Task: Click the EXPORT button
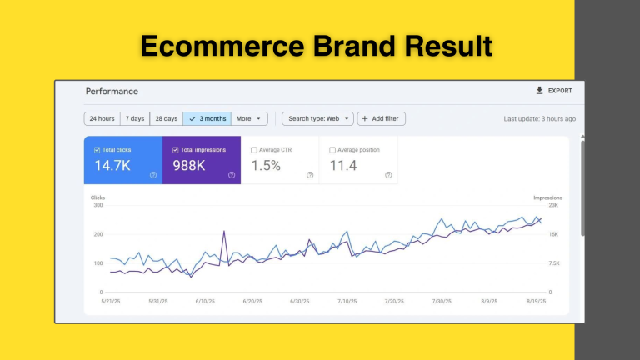click(554, 91)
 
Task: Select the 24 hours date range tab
click(102, 119)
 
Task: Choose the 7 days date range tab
click(135, 119)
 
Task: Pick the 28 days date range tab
click(167, 119)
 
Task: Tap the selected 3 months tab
click(207, 119)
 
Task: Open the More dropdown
click(249, 119)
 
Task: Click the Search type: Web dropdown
click(317, 119)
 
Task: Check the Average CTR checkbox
click(254, 150)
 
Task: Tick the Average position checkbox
click(332, 150)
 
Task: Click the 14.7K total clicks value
click(112, 166)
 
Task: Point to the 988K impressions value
click(189, 166)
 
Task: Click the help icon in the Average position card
click(388, 175)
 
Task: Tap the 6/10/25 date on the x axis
click(205, 301)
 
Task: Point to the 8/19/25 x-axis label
click(536, 301)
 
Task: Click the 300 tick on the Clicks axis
click(98, 205)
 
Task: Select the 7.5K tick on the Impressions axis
click(554, 263)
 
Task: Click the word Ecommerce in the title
click(222, 46)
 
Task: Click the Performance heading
click(112, 92)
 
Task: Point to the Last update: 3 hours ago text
click(540, 119)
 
